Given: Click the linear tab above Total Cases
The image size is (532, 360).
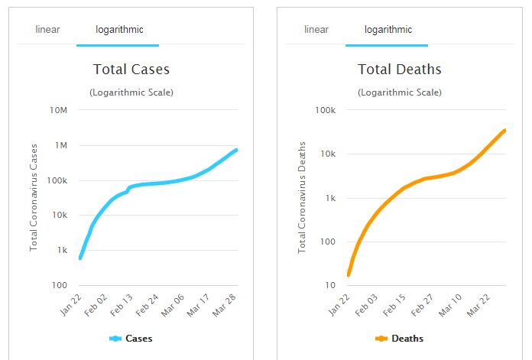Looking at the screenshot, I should pyautogui.click(x=47, y=30).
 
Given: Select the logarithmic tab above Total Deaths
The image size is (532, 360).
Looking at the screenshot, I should pyautogui.click(x=388, y=30).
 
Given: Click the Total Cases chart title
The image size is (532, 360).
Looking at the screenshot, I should pyautogui.click(x=131, y=70).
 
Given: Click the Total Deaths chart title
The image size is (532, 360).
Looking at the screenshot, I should pyautogui.click(x=399, y=70).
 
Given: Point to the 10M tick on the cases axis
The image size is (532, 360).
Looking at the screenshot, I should pyautogui.click(x=59, y=110).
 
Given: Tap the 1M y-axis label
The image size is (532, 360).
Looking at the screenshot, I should pyautogui.click(x=61, y=145).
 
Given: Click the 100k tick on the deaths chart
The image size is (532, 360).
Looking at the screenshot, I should pyautogui.click(x=325, y=110).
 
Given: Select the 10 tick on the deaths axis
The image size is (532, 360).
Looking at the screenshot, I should pyautogui.click(x=331, y=285).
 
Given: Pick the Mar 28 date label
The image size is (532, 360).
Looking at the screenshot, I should pyautogui.click(x=226, y=306).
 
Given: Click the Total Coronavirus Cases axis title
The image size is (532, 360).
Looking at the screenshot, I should pyautogui.click(x=34, y=197).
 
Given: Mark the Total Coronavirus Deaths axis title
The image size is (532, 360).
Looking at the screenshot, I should pyautogui.click(x=302, y=197).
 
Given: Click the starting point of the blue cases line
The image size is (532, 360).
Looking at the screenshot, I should pyautogui.click(x=80, y=258).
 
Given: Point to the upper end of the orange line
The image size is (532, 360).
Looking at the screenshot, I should pyautogui.click(x=504, y=130).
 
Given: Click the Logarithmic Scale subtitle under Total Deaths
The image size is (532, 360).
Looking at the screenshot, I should pyautogui.click(x=399, y=92).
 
